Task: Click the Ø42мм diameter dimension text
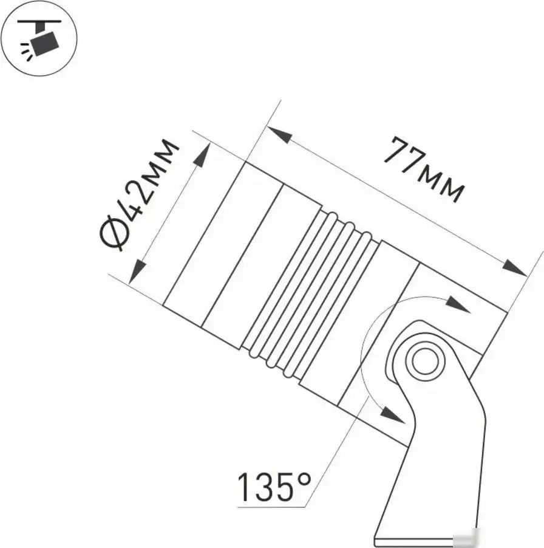(139, 194)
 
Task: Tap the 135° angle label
(273, 486)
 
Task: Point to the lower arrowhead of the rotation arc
(392, 417)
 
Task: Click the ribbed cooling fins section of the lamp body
(310, 295)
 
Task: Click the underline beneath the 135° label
(270, 504)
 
